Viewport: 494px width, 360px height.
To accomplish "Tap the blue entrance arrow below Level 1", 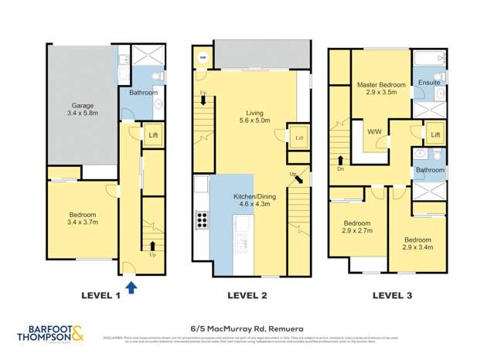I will click(131, 287).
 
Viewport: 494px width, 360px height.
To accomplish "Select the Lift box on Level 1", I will click(152, 134).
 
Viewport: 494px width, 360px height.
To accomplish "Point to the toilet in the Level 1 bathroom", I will click(158, 76).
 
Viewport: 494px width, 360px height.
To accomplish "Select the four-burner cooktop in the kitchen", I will click(203, 219).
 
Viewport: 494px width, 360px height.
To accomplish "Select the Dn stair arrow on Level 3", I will click(340, 163).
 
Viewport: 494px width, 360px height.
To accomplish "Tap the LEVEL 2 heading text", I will click(247, 294).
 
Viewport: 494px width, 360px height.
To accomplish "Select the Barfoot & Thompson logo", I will click(50, 335).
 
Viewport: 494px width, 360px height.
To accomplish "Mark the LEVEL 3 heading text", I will click(393, 294).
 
